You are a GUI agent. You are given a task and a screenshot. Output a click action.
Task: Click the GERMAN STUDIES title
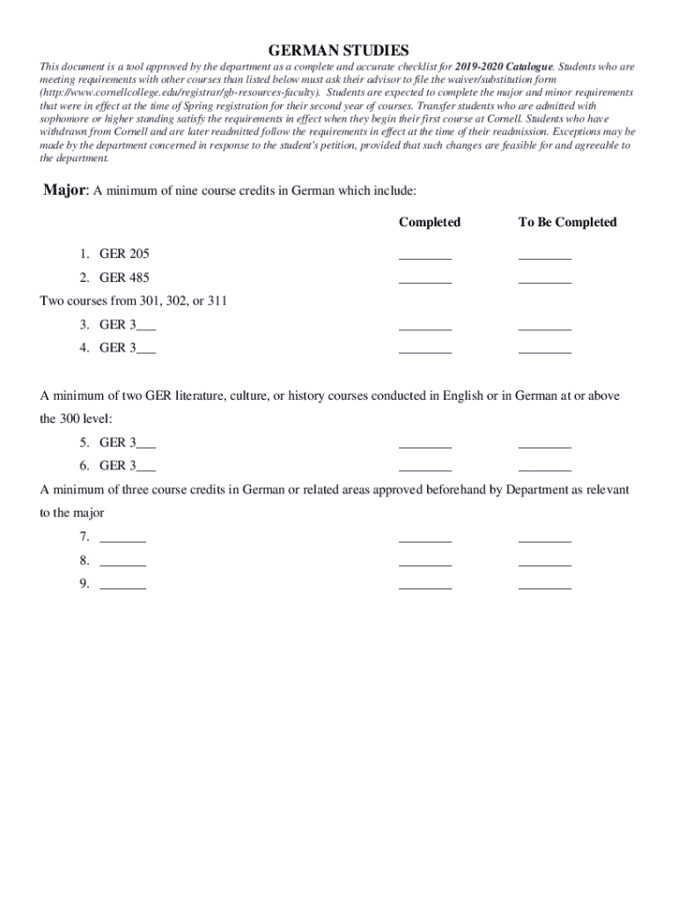(338, 50)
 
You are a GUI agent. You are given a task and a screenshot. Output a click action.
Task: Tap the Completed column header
(429, 222)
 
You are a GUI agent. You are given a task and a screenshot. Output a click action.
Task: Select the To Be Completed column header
(567, 222)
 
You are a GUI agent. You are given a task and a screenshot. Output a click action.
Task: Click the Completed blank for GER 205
(425, 257)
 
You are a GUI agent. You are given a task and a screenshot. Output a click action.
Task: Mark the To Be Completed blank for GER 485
(545, 281)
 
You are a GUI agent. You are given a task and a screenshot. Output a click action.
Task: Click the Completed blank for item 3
(425, 328)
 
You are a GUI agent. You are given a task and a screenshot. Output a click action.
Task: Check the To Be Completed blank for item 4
(545, 351)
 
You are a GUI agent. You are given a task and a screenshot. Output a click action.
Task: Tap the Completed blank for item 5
(425, 446)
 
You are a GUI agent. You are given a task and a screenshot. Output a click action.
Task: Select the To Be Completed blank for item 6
(545, 469)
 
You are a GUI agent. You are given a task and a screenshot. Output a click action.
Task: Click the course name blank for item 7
(123, 539)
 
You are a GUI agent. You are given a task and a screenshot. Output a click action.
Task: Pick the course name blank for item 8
(123, 563)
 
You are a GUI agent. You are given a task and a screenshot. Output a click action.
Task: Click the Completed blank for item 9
(425, 586)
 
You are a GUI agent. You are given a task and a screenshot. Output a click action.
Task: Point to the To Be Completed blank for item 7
(545, 539)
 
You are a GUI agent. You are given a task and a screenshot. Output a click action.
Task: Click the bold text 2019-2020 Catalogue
(505, 66)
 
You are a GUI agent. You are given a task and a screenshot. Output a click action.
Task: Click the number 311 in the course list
(217, 301)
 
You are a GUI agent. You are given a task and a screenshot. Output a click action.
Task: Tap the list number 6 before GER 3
(84, 465)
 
